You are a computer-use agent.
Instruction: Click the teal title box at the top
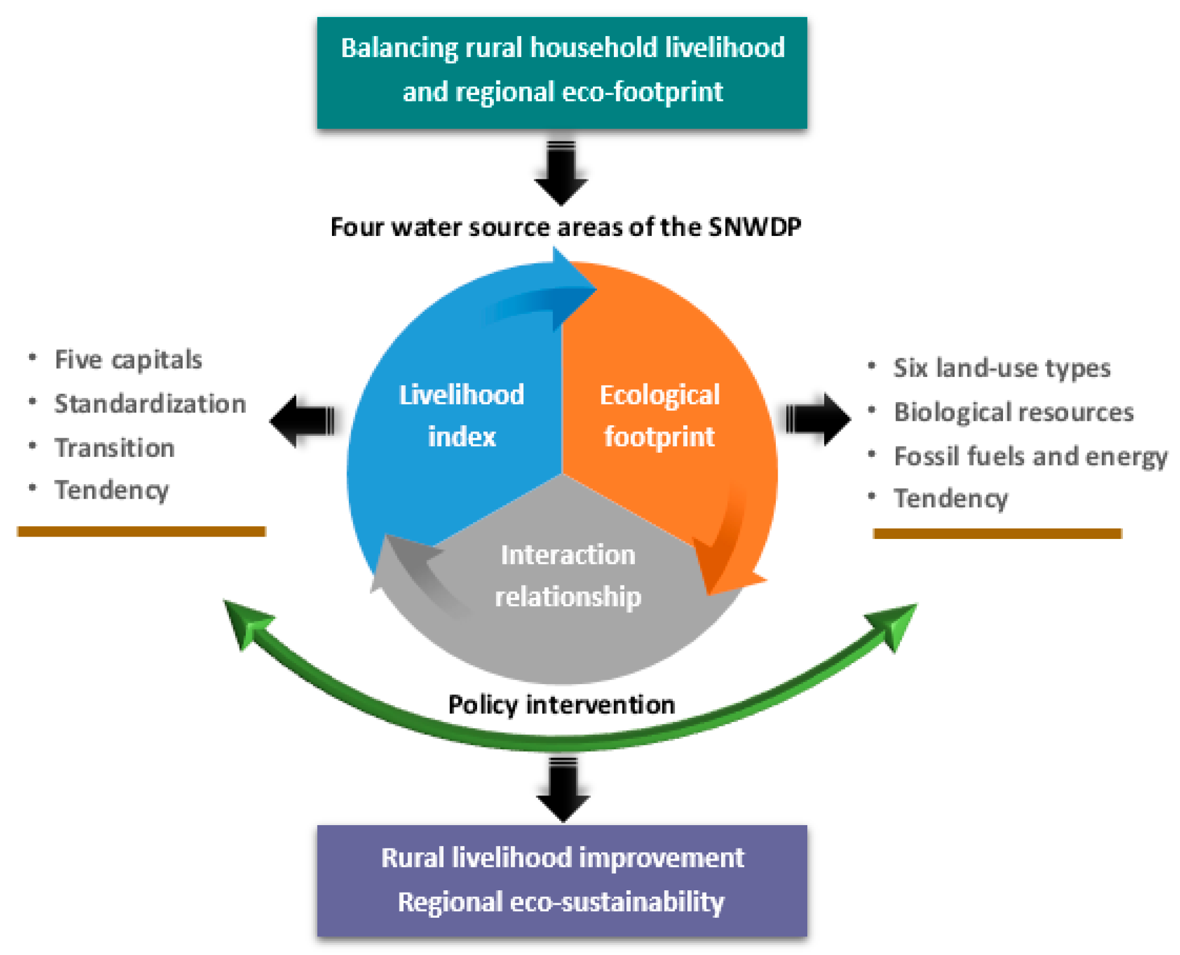pyautogui.click(x=561, y=72)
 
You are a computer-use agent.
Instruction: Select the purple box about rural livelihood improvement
pyautogui.click(x=561, y=880)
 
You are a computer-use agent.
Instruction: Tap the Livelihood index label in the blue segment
pyautogui.click(x=461, y=415)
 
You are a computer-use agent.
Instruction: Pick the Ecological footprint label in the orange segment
pyautogui.click(x=659, y=415)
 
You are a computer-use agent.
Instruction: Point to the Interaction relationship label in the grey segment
pyautogui.click(x=567, y=576)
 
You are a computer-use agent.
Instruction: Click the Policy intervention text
pyautogui.click(x=561, y=704)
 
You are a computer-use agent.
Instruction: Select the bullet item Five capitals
pyautogui.click(x=128, y=360)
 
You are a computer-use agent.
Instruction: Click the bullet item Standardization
pyautogui.click(x=150, y=404)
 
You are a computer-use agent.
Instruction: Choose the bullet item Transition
pyautogui.click(x=114, y=448)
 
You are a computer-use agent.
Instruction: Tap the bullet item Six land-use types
pyautogui.click(x=1001, y=368)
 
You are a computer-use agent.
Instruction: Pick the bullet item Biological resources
pyautogui.click(x=1013, y=412)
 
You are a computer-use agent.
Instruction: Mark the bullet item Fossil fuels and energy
pyautogui.click(x=1030, y=456)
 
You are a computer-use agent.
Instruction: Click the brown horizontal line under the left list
pyautogui.click(x=141, y=531)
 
